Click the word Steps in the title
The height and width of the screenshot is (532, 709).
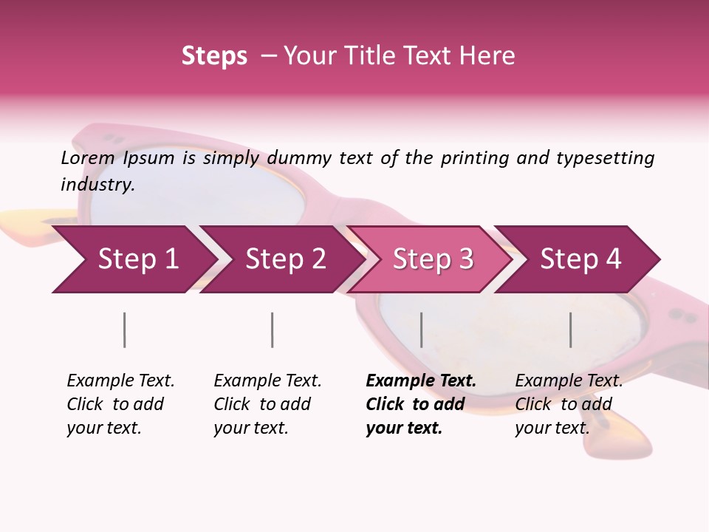click(214, 56)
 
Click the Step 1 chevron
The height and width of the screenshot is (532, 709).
click(137, 259)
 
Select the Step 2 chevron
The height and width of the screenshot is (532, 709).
click(285, 259)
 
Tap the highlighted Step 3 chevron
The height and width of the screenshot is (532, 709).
click(433, 259)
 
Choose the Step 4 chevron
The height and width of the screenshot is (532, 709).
click(580, 259)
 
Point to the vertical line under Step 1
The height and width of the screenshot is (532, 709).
click(125, 330)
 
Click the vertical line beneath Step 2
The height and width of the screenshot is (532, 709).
click(273, 330)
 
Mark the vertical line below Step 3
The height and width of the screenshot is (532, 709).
click(422, 330)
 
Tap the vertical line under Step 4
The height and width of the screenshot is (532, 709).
click(571, 330)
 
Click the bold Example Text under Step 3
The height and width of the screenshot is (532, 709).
click(421, 381)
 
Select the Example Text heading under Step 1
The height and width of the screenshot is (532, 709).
click(120, 381)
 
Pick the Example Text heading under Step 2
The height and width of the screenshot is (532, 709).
click(267, 381)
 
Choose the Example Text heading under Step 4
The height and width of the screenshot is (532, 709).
click(569, 381)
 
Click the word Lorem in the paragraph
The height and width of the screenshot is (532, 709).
click(88, 158)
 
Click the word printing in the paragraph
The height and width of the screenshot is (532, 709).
click(475, 158)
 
